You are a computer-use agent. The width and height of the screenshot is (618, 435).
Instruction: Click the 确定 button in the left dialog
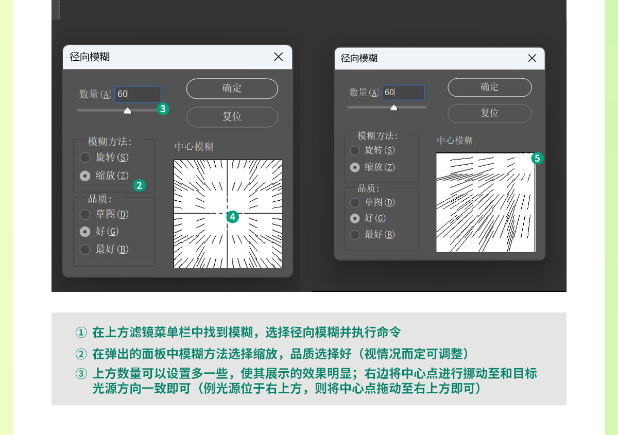tap(232, 89)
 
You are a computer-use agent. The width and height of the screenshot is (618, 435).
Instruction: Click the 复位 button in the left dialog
tap(232, 117)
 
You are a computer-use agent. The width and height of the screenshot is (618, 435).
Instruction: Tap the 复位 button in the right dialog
tap(489, 113)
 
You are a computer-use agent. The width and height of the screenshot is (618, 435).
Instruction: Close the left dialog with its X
tap(279, 57)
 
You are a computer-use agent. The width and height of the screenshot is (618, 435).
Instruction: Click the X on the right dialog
tap(532, 58)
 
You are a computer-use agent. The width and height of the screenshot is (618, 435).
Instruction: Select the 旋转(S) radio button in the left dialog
tap(85, 158)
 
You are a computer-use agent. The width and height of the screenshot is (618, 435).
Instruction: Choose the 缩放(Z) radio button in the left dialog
tap(85, 176)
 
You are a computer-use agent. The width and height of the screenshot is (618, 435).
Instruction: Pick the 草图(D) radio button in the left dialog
tap(85, 214)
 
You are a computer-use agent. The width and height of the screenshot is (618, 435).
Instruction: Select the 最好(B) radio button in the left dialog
tap(85, 249)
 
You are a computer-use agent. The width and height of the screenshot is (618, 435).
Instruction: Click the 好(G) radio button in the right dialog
tap(355, 218)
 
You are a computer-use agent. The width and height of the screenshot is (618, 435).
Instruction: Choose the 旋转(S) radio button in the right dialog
tap(355, 151)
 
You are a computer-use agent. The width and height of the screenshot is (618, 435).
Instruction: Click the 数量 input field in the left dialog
tap(138, 94)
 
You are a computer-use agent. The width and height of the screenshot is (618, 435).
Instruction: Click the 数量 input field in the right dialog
tap(403, 93)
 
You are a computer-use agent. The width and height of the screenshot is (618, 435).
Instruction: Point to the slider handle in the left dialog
tap(127, 111)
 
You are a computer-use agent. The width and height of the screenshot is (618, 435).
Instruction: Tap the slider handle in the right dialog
tap(393, 108)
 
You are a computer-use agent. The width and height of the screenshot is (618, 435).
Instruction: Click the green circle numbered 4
tap(233, 217)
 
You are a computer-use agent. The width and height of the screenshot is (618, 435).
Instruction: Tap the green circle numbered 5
tap(537, 159)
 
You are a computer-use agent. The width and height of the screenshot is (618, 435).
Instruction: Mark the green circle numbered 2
tap(140, 186)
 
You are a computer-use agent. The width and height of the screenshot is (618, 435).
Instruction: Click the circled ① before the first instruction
tap(81, 333)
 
